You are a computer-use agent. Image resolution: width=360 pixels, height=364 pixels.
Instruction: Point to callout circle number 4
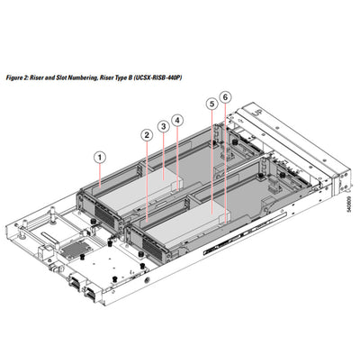click(178, 119)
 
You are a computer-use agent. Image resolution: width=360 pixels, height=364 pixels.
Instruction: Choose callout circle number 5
click(211, 104)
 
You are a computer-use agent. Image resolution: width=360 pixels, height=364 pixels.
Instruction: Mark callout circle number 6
click(225, 96)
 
